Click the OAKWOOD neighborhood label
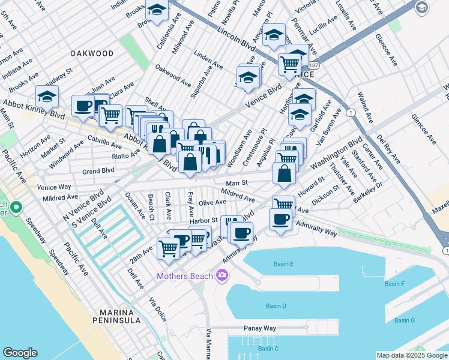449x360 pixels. [92, 53]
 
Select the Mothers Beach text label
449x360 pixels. [184, 276]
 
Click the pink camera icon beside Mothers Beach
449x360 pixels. [222, 275]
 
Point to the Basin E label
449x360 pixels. [283, 264]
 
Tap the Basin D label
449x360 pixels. [276, 306]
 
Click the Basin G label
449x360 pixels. [404, 320]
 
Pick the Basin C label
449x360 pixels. [268, 349]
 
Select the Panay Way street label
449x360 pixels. [259, 329]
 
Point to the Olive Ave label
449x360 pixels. [212, 203]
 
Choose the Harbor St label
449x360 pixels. [203, 221]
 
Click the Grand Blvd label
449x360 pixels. [98, 171]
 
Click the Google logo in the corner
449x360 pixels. [20, 353]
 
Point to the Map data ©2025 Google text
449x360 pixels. [411, 355]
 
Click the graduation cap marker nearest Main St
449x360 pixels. [47, 96]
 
